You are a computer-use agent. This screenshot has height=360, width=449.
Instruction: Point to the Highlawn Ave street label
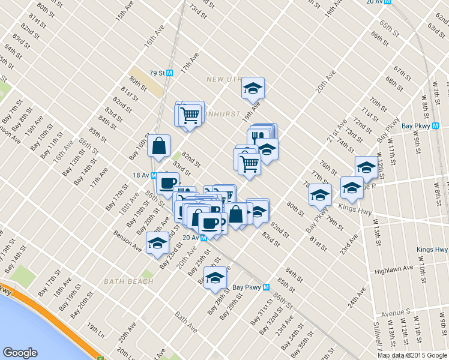tap(394, 269)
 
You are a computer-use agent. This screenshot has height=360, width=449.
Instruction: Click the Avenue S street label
tap(395, 312)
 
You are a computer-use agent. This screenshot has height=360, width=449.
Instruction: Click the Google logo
tap(20, 353)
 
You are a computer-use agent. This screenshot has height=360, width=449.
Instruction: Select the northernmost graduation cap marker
tap(253, 89)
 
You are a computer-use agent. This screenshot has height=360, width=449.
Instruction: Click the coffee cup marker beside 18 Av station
tap(167, 183)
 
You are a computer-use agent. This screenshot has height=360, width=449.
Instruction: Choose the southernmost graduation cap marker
tap(215, 278)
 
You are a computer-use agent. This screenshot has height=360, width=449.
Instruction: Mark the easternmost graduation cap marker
tap(366, 167)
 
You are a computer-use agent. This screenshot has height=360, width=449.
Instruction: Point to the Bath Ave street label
tap(185, 322)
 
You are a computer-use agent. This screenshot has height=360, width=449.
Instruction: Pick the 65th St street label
tap(389, 29)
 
